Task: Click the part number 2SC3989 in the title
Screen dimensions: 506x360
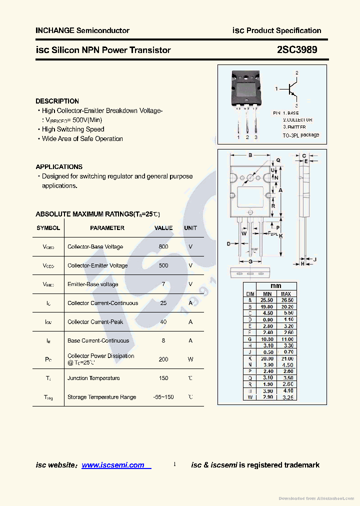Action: click(x=296, y=50)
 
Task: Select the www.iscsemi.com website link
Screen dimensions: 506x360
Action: click(x=113, y=465)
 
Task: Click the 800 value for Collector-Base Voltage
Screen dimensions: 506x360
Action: click(x=163, y=247)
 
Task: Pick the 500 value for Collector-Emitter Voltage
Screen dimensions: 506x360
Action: click(x=163, y=265)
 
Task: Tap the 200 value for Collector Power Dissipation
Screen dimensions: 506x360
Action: click(x=163, y=359)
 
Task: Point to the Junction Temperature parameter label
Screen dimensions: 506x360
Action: click(x=93, y=378)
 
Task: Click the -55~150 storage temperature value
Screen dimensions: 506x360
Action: click(x=163, y=397)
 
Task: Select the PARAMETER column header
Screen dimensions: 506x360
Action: click(x=107, y=228)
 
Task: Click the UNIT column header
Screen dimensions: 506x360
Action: click(x=190, y=228)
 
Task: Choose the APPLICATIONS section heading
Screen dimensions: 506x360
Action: click(x=59, y=167)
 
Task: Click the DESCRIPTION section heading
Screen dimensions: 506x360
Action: click(x=57, y=101)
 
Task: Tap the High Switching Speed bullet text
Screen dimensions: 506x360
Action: click(x=73, y=129)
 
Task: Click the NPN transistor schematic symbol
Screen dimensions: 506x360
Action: click(x=290, y=89)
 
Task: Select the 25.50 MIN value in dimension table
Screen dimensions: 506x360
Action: click(x=267, y=300)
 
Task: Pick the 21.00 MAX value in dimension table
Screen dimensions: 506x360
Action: click(x=287, y=358)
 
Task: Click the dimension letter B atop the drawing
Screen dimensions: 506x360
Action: click(x=250, y=155)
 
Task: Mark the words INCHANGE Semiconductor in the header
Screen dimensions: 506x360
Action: click(x=82, y=30)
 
